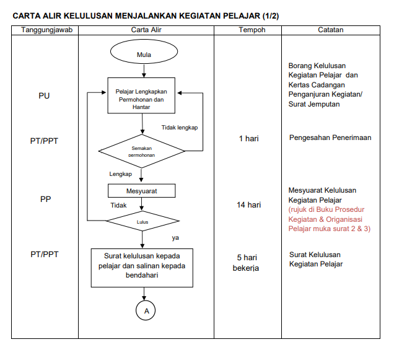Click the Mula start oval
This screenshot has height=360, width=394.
pyautogui.click(x=143, y=55)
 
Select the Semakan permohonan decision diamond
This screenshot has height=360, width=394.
pyautogui.click(x=142, y=151)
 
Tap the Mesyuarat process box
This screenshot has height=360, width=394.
pyautogui.click(x=142, y=191)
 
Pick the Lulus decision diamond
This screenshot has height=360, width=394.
pyautogui.click(x=142, y=221)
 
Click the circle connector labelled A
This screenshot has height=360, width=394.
pyautogui.click(x=146, y=311)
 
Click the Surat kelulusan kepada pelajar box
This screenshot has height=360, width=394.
pyautogui.click(x=142, y=266)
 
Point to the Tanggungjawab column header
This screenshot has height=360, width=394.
pyautogui.click(x=46, y=30)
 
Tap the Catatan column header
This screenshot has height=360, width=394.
pyautogui.click(x=331, y=30)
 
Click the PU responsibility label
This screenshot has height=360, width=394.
pyautogui.click(x=44, y=96)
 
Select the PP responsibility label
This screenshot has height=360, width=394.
pyautogui.click(x=45, y=200)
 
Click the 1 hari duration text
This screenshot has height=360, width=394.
pyautogui.click(x=249, y=138)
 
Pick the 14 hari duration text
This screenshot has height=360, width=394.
pyautogui.click(x=249, y=204)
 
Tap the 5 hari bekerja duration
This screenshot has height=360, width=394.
pyautogui.click(x=246, y=263)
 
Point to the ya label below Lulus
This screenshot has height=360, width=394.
pyautogui.click(x=175, y=237)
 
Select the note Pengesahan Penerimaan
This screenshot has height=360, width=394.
pyautogui.click(x=330, y=138)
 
